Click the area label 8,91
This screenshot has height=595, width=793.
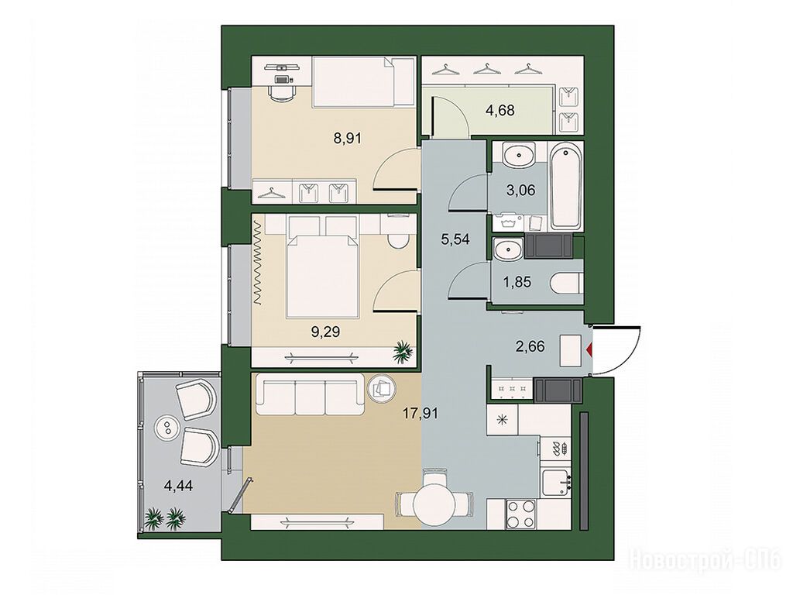(x=348, y=138)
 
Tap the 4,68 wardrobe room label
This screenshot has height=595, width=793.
(x=501, y=109)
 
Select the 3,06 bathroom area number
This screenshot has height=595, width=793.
(x=520, y=191)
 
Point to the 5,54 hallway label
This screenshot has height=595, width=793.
(x=455, y=239)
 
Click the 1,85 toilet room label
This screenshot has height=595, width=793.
(x=518, y=282)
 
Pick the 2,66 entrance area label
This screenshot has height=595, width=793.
(x=530, y=346)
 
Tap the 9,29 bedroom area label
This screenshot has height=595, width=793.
(x=325, y=332)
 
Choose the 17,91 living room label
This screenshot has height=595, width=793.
(x=421, y=414)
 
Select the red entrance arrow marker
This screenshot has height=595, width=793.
(x=589, y=349)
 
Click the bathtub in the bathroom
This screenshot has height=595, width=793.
(x=566, y=187)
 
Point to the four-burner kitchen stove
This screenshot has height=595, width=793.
(x=521, y=514)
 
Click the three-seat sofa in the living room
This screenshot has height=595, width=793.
(x=311, y=394)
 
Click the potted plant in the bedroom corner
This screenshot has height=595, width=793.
(x=403, y=351)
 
